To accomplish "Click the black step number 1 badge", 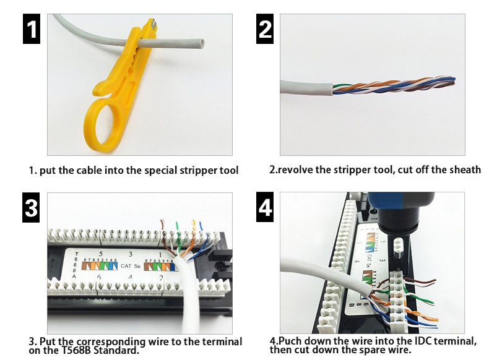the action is (x=32, y=30).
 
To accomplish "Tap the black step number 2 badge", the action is (x=265, y=30).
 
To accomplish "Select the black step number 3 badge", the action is (x=32, y=208).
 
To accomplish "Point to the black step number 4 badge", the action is (x=265, y=208).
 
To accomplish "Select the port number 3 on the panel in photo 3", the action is (x=131, y=254).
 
